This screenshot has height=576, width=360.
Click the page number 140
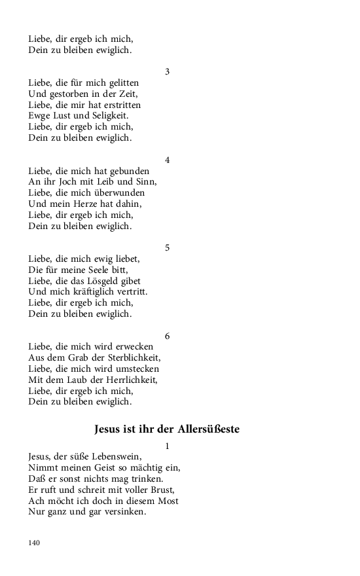[34, 543]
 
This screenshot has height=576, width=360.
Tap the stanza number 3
[167, 71]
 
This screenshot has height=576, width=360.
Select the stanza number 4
[167, 160]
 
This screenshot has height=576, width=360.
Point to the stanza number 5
[167, 247]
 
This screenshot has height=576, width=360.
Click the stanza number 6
[167, 336]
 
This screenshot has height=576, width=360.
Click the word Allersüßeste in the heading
[202, 429]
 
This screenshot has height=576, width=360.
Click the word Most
[168, 501]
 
